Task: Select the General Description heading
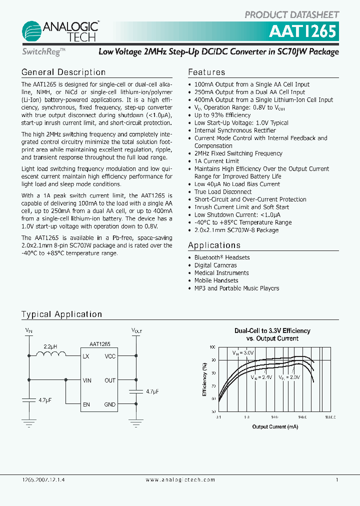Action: coord(63,72)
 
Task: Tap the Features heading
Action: coord(206,72)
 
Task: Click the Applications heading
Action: coord(214,245)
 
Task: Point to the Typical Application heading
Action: coord(61,314)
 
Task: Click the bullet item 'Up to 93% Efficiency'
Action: coord(222,115)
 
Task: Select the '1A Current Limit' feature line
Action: coord(216,161)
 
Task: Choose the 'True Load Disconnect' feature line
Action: coord(223,191)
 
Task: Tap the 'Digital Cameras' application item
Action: coord(215,265)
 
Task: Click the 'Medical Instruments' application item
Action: coord(221,272)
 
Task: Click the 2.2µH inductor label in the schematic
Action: coord(50,346)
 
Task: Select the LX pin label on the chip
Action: coord(86,356)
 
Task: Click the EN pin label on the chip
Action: coord(86,404)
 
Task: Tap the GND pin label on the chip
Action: coord(110,404)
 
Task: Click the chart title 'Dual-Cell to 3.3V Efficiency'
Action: coord(272,331)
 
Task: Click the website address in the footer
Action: coord(180,479)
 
